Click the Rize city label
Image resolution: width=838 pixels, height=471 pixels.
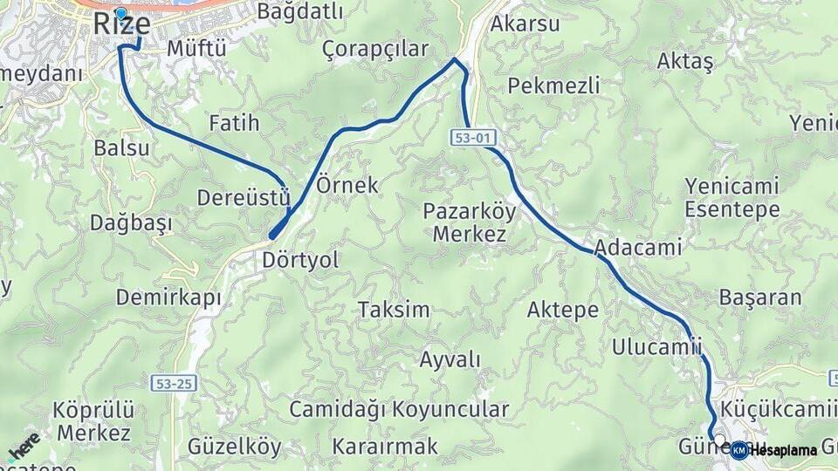coord(121,24)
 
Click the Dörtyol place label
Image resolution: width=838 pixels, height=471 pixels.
coord(300,260)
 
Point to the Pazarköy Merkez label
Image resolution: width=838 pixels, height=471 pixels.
coord(470,222)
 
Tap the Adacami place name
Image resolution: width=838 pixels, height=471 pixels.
coord(637,248)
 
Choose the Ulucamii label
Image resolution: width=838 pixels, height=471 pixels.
coord(656,345)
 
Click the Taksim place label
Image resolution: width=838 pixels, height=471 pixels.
coord(394,310)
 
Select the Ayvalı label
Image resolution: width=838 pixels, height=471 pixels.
coord(450,359)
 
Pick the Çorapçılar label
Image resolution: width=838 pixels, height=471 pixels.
coord(375,49)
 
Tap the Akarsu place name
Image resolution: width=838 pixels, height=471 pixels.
coord(525,24)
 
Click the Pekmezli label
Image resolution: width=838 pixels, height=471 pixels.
coord(553,85)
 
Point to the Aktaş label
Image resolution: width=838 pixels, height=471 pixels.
coord(685,61)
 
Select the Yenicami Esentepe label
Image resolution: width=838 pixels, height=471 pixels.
coord(732,197)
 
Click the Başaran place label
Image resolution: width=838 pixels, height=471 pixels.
coord(759,297)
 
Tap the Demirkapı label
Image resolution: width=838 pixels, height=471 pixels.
coord(168,297)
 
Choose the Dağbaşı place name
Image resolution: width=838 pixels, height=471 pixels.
coord(131,222)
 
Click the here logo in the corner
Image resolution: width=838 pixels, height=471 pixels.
coord(24,446)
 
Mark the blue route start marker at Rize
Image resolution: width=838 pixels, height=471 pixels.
coord(120,14)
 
